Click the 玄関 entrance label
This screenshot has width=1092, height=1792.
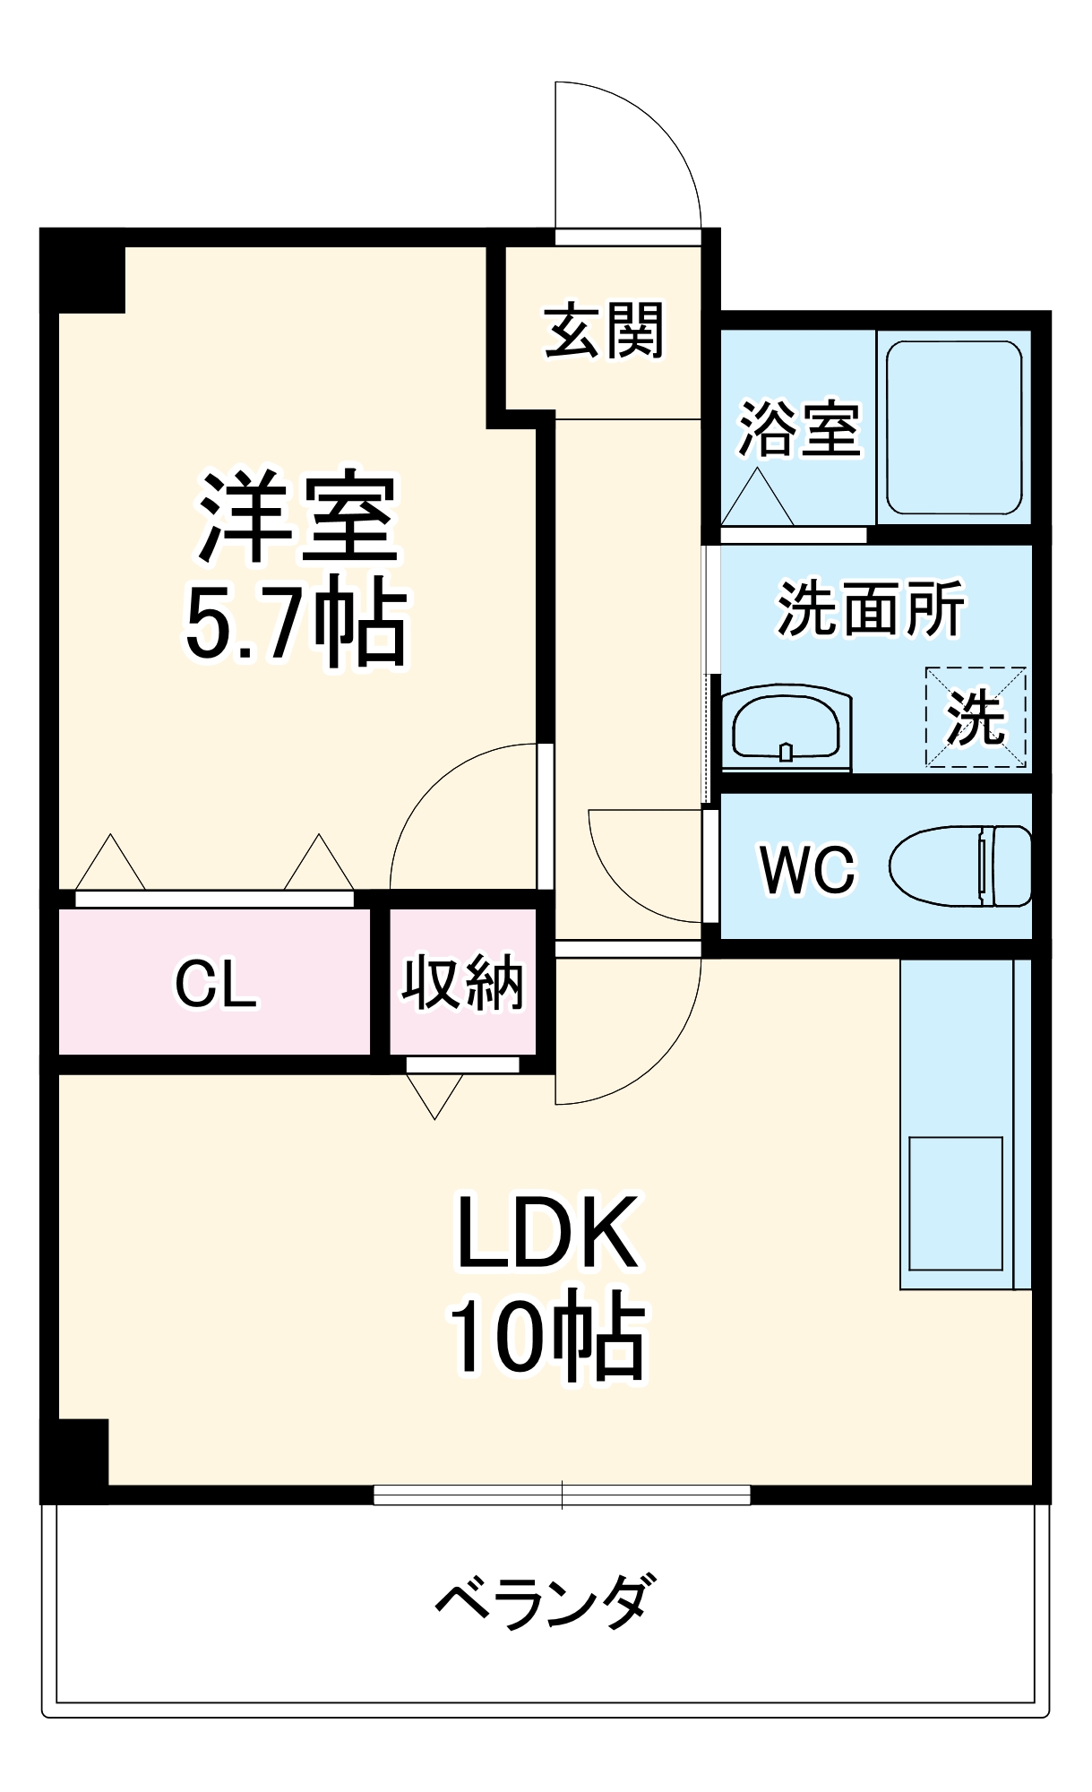click(605, 331)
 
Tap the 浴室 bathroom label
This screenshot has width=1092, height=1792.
click(798, 428)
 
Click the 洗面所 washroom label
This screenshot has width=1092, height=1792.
click(870, 609)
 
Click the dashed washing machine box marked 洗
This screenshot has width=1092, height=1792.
click(976, 718)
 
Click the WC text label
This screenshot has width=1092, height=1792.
click(807, 869)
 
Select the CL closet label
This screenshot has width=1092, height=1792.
click(215, 984)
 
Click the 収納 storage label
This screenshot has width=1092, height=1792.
click(462, 983)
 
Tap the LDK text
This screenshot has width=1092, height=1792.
click(547, 1233)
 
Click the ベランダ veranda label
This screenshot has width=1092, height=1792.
click(546, 1602)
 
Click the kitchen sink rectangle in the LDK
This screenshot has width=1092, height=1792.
click(955, 1203)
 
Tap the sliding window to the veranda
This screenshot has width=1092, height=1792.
click(562, 1495)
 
